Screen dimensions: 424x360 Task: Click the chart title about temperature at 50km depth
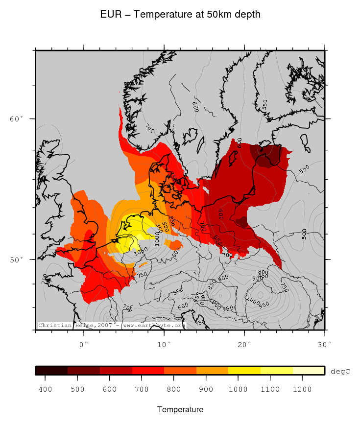[x=180, y=15]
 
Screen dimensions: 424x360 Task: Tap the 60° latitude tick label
[x=17, y=119]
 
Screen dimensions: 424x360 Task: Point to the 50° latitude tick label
[x=17, y=259]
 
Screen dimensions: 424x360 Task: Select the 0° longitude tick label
[x=84, y=344]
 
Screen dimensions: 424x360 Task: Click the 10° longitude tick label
[x=164, y=344]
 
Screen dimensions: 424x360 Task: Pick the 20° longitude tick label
[x=244, y=344]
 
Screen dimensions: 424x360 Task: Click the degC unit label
[x=340, y=371]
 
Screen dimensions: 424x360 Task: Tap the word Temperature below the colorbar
[x=180, y=409]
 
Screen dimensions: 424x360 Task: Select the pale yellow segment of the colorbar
[x=309, y=371]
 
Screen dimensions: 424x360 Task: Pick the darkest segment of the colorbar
[x=51, y=371]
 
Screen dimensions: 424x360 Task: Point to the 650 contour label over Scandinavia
[x=194, y=106]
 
